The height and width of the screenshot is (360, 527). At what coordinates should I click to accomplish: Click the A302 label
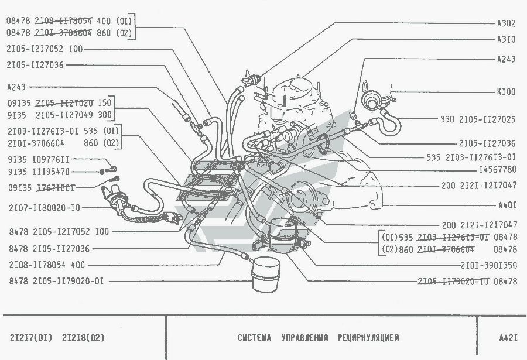point(506,23)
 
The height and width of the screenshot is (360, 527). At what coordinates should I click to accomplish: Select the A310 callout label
point(506,40)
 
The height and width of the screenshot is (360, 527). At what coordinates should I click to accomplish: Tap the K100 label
point(506,92)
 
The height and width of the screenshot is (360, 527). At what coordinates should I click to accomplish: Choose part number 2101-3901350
point(489,265)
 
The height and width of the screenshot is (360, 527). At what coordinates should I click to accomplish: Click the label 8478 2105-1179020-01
point(56,282)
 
